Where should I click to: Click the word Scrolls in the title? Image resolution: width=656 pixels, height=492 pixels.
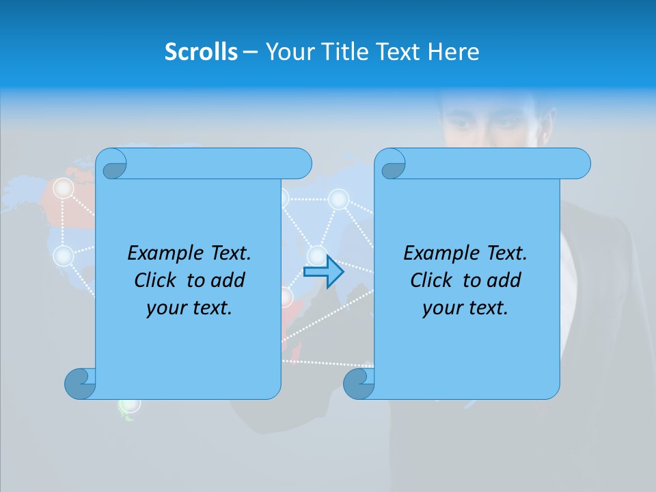click(x=201, y=52)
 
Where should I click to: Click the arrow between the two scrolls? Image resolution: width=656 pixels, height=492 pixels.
click(x=323, y=272)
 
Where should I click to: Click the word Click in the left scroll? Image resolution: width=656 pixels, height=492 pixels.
click(x=156, y=280)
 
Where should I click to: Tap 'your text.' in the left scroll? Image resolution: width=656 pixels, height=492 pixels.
click(x=189, y=308)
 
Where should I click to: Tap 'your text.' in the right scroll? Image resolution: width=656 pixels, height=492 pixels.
click(x=465, y=308)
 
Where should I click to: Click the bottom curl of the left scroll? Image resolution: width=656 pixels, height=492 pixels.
click(x=79, y=383)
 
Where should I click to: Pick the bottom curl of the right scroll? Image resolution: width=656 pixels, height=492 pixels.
click(x=358, y=383)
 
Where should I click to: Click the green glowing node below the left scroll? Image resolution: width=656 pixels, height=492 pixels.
click(x=129, y=405)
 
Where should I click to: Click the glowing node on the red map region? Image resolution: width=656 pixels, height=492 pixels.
click(x=64, y=188)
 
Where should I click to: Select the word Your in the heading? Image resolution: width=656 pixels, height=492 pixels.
click(x=289, y=52)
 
